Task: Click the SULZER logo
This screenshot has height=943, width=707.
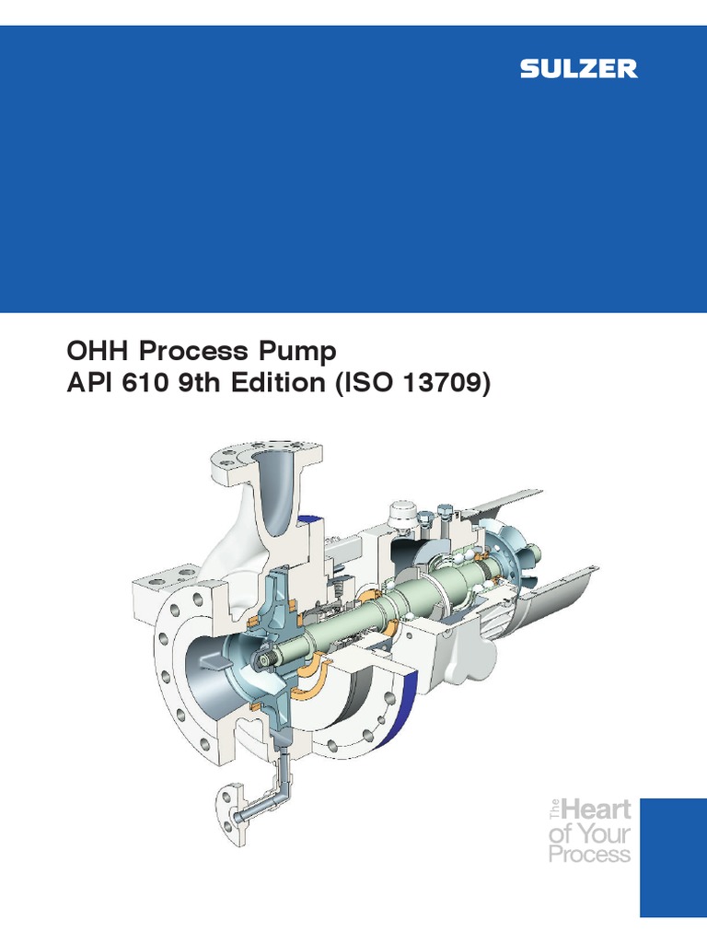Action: [578, 69]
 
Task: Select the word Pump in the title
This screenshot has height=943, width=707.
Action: [299, 352]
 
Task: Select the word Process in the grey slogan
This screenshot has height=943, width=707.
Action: [589, 854]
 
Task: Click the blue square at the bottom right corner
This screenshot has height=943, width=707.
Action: [673, 856]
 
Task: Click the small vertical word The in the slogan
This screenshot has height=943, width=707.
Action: [554, 811]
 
